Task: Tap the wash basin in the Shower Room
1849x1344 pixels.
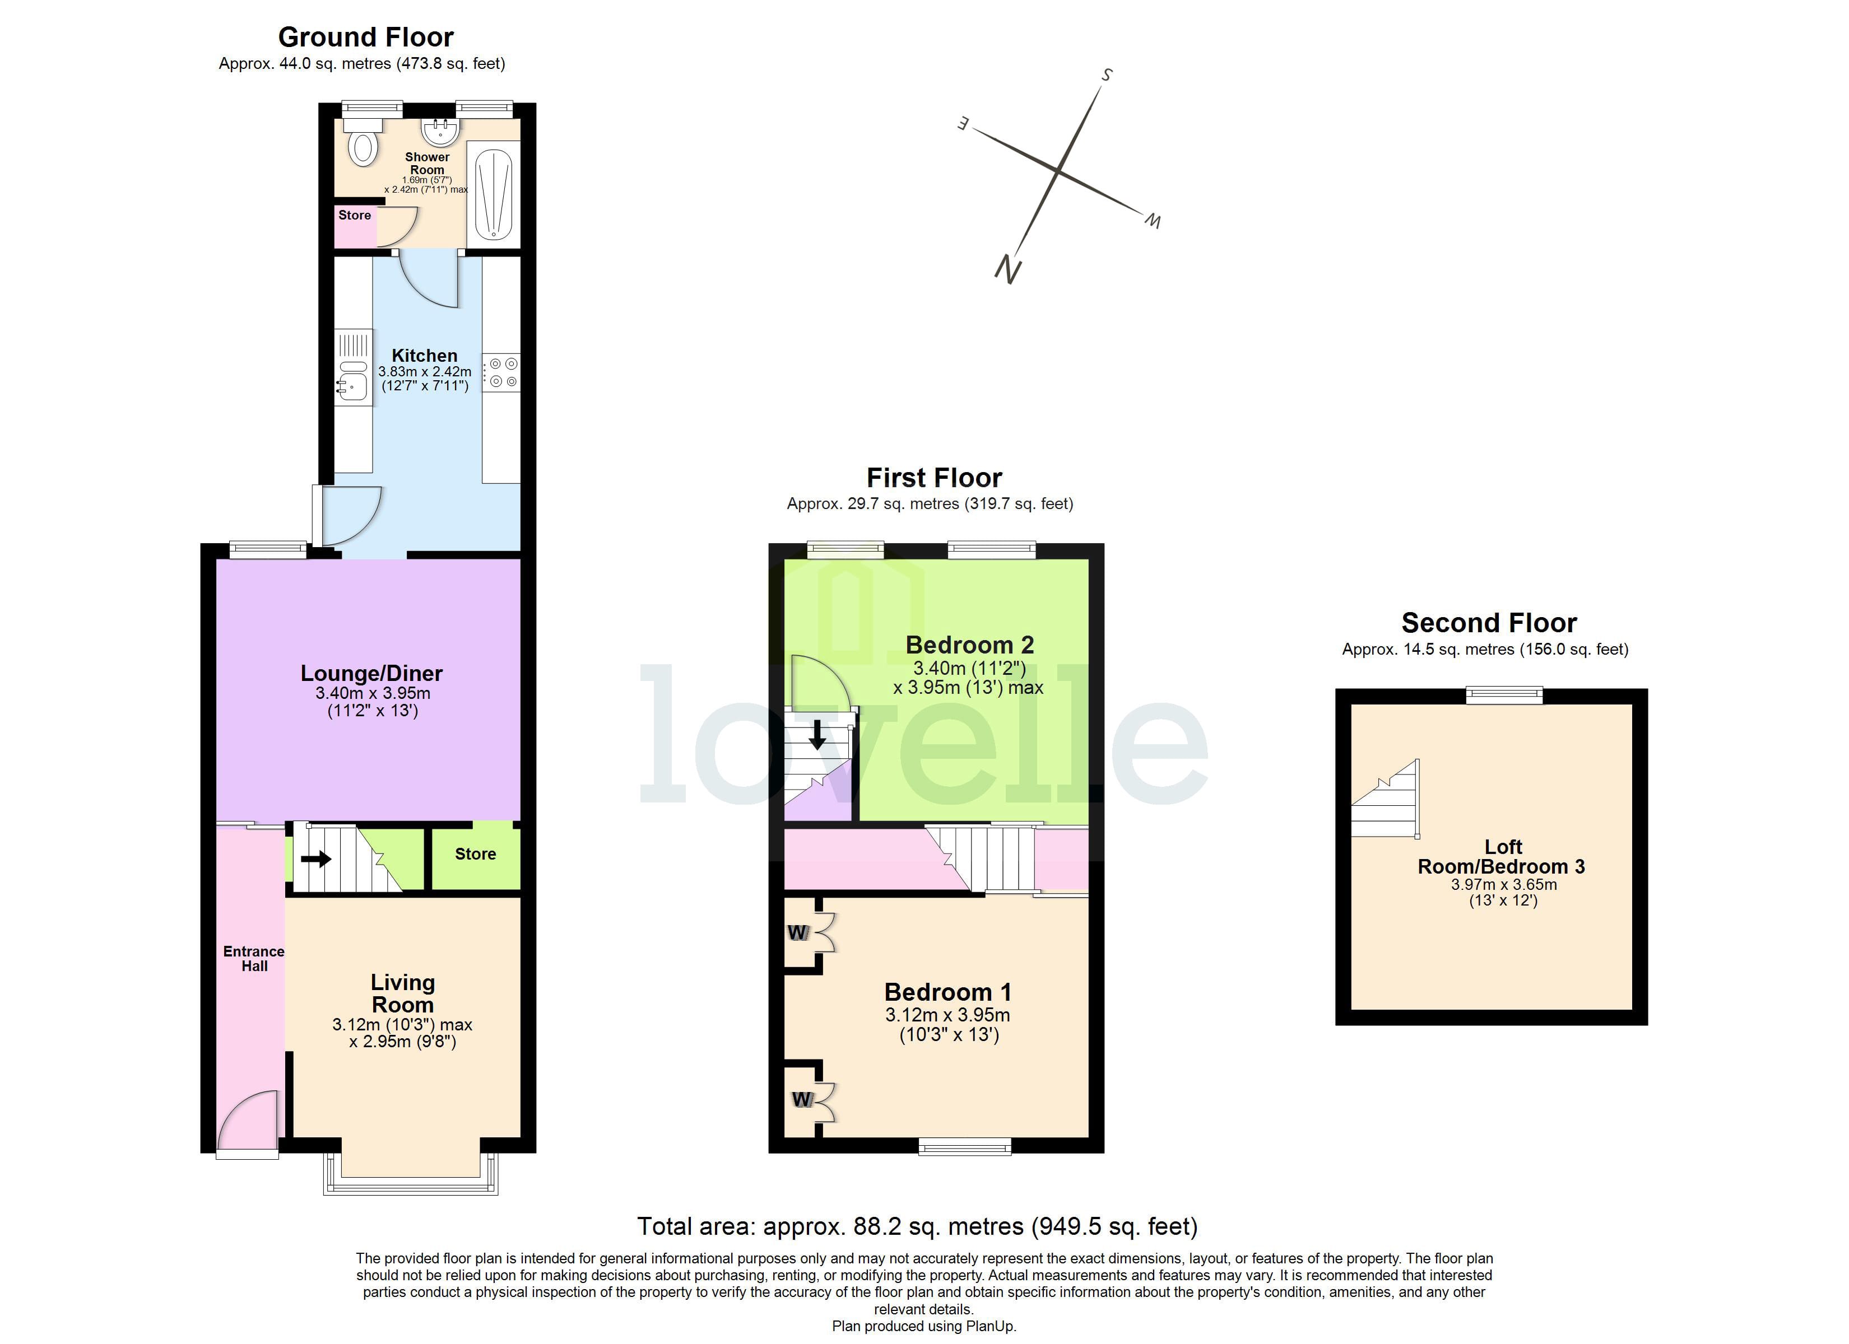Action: click(440, 130)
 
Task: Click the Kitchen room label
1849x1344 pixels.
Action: click(424, 356)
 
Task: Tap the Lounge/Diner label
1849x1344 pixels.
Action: click(371, 673)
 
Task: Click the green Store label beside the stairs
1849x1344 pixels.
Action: click(475, 854)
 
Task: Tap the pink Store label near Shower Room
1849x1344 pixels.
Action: click(355, 215)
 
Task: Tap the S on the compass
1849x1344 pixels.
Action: click(1106, 75)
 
